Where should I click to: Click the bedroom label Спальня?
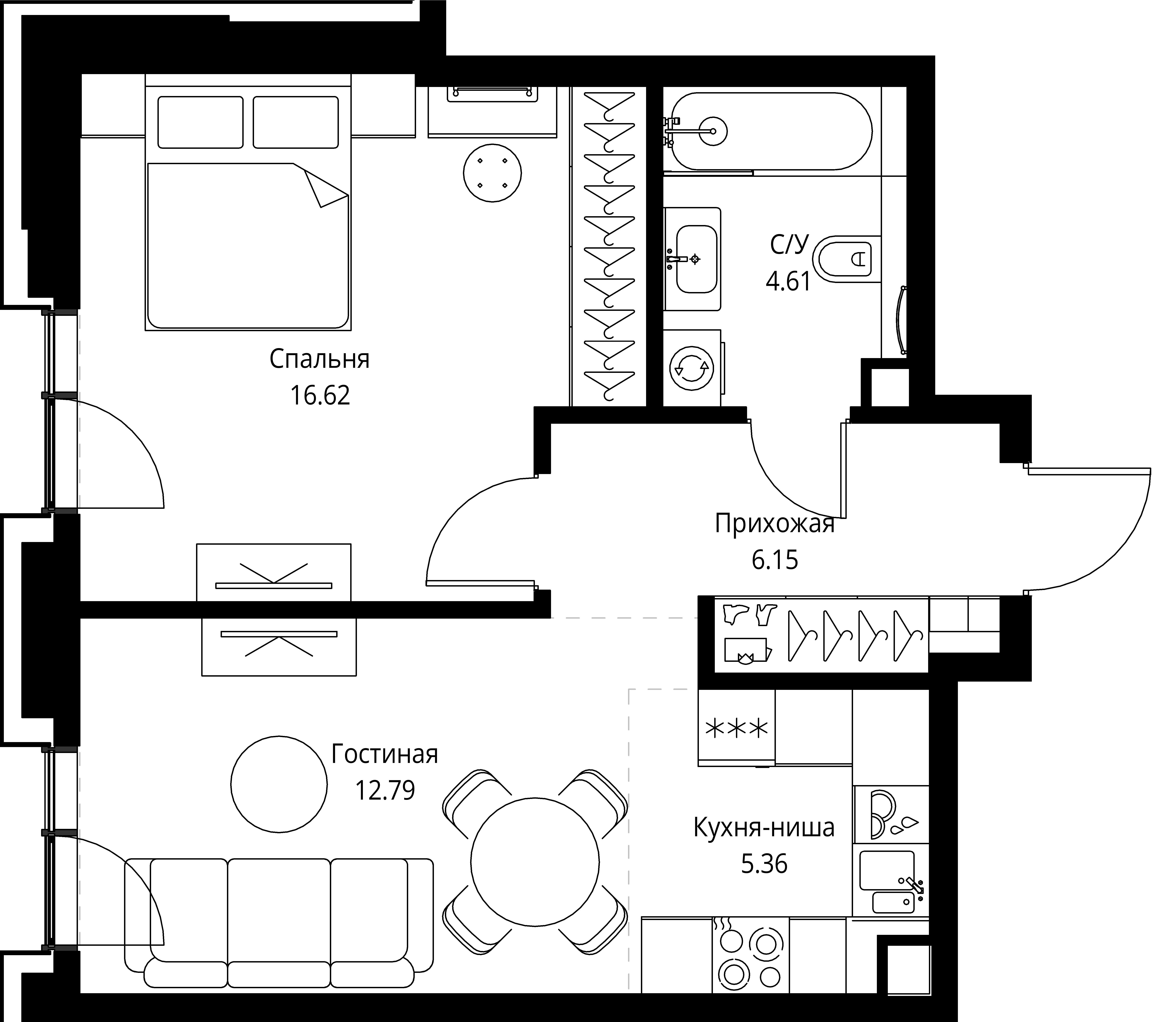319,359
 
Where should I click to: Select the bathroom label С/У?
789,245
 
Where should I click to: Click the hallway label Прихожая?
774,524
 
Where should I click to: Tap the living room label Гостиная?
384,754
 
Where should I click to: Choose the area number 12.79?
385,790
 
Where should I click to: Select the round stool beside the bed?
492,172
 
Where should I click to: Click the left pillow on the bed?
200,122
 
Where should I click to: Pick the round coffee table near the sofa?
279,784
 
